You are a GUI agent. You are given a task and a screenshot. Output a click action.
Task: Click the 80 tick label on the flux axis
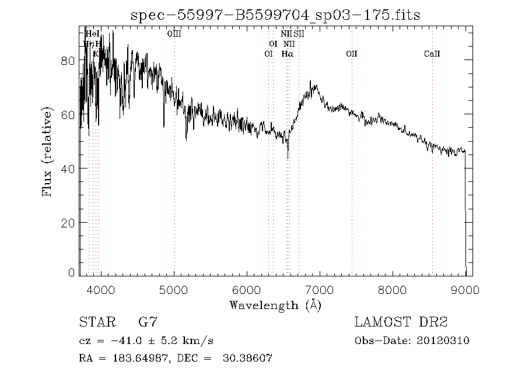click(x=68, y=61)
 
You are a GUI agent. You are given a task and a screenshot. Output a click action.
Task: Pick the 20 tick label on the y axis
click(x=68, y=223)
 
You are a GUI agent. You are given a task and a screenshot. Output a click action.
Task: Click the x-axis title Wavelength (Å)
click(x=275, y=304)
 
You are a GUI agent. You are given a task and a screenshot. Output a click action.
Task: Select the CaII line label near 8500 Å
click(x=432, y=54)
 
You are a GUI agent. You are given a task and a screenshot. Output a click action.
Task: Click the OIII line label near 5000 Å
click(x=174, y=34)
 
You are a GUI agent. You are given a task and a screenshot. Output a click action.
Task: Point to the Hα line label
click(x=287, y=54)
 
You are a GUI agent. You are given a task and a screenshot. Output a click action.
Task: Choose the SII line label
click(x=299, y=34)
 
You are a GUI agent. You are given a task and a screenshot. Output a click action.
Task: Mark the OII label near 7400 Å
click(x=351, y=54)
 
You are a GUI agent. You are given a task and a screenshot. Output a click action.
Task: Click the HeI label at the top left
click(x=92, y=34)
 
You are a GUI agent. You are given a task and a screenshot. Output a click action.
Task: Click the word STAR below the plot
click(x=94, y=322)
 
